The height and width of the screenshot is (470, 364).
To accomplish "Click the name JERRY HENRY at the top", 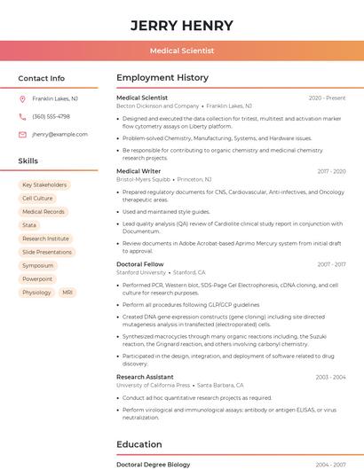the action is [182, 26].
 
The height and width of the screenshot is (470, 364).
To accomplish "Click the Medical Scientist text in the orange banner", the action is [182, 51].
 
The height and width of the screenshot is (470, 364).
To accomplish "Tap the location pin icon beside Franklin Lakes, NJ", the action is [22, 98].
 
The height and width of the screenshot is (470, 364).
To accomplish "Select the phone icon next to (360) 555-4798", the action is [22, 116].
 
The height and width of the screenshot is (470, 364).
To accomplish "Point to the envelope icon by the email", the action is [22, 134].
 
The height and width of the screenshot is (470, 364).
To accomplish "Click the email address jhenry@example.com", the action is [59, 134].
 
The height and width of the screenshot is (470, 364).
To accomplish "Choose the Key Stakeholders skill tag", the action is [44, 185].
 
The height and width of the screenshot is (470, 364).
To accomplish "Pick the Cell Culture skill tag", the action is [37, 199].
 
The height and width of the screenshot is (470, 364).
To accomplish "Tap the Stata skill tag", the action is [29, 225].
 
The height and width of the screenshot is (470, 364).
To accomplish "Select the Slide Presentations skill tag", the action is [47, 252].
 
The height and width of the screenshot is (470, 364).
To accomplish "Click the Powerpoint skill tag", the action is [37, 278].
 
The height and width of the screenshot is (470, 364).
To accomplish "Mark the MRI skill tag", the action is [67, 292].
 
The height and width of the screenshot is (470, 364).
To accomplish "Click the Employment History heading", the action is [162, 78].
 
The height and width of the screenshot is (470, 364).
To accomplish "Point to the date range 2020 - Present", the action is [327, 98].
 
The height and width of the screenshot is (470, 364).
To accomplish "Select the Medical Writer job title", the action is [138, 171].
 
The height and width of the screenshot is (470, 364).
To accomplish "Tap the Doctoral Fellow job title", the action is [139, 264].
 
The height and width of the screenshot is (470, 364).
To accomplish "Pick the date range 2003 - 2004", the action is [330, 377].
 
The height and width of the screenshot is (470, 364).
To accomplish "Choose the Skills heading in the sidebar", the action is [28, 161].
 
